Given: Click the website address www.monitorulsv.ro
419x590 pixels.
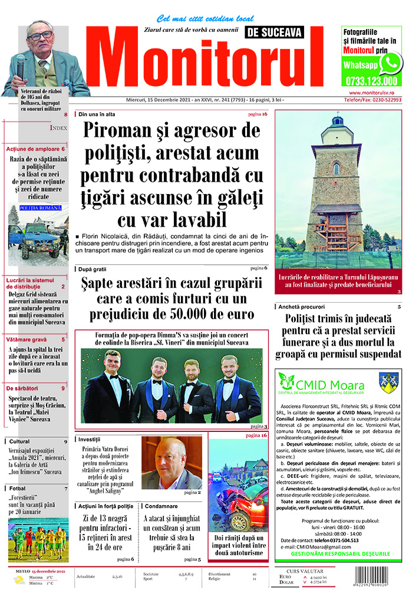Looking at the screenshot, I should coord(374,93).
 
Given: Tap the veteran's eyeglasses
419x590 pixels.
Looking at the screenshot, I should coord(40,35).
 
